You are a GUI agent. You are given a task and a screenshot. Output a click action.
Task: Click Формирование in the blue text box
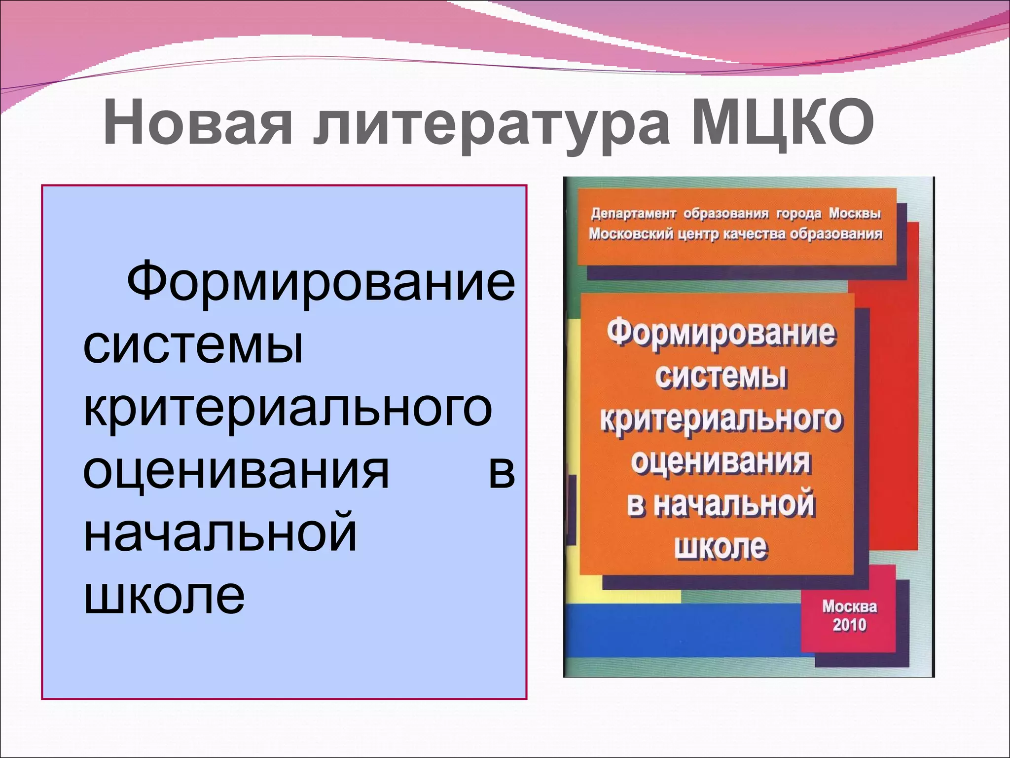(321, 282)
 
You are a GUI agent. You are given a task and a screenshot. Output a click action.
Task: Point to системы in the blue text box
(193, 345)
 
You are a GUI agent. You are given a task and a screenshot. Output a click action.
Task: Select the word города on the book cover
(799, 214)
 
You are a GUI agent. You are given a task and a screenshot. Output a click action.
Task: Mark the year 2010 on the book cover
(849, 625)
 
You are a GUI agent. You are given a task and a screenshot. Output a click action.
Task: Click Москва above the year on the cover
(849, 606)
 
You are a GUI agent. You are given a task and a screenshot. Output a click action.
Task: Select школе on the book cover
(721, 547)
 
